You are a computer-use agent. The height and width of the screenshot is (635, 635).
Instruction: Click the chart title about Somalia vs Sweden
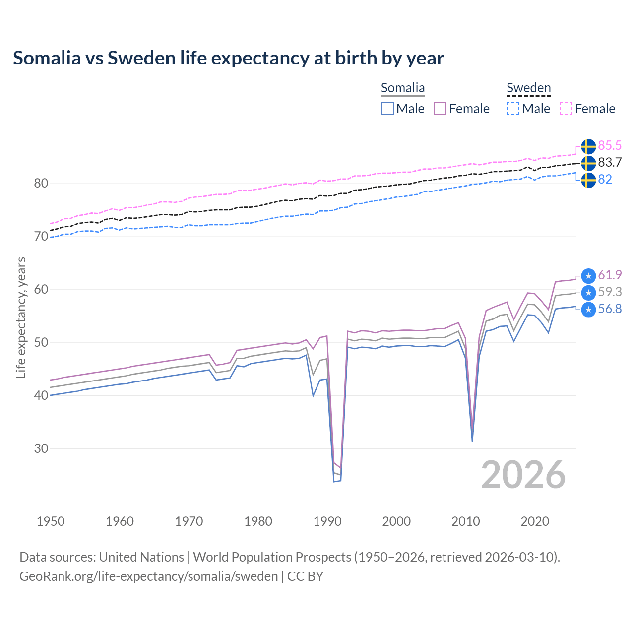(228, 58)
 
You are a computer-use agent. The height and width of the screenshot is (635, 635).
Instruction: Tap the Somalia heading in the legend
(403, 88)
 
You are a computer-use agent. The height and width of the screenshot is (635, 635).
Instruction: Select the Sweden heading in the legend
(528, 88)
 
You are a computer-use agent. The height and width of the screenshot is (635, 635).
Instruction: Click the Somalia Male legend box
(387, 109)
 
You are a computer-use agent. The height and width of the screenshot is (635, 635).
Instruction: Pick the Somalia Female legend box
(440, 109)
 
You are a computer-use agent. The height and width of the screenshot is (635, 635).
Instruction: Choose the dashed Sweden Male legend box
(513, 109)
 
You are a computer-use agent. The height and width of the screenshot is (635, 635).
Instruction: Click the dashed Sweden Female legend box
(566, 109)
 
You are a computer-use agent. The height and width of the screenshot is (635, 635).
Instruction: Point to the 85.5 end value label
(610, 145)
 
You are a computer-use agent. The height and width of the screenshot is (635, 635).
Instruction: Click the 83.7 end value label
(610, 162)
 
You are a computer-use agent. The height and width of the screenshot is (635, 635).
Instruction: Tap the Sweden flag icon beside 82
(588, 180)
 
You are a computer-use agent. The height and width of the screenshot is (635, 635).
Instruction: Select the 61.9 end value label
(610, 275)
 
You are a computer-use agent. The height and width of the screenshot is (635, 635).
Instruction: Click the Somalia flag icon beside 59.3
(588, 292)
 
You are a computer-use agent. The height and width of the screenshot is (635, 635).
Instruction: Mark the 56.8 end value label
(610, 309)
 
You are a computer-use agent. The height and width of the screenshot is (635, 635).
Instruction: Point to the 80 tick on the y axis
(41, 184)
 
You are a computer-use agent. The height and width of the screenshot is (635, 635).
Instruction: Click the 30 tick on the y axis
(41, 448)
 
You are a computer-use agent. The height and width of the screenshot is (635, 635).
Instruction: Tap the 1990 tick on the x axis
(327, 521)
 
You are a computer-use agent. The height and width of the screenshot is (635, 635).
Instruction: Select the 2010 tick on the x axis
(466, 521)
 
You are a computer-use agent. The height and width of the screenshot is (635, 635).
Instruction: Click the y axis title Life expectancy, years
(21, 317)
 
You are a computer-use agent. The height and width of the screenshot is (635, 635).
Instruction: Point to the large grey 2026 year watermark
(523, 475)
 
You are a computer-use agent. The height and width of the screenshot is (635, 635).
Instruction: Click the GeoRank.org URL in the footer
(149, 576)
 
